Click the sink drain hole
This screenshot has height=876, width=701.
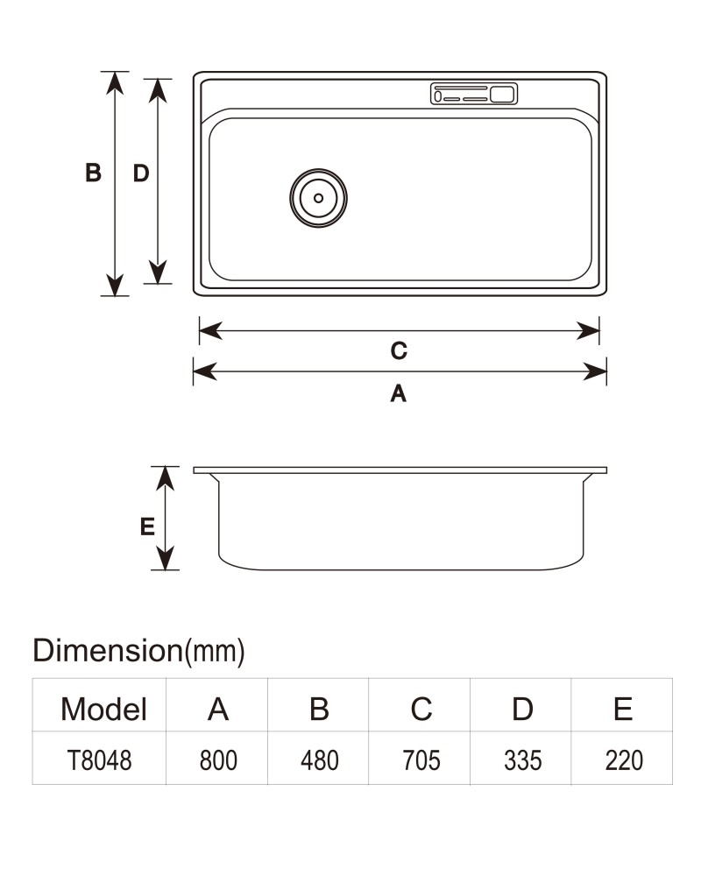pyautogui.click(x=318, y=198)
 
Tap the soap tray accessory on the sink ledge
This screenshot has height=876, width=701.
pyautogui.click(x=474, y=94)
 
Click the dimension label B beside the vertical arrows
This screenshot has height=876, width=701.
pyautogui.click(x=94, y=173)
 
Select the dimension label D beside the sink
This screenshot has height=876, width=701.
pyautogui.click(x=141, y=173)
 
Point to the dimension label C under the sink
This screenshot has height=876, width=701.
pyautogui.click(x=399, y=351)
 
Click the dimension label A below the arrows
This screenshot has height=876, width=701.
pyautogui.click(x=398, y=393)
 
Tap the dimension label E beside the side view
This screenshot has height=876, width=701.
pyautogui.click(x=147, y=526)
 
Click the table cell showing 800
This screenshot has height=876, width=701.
pyautogui.click(x=218, y=760)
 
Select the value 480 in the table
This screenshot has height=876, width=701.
pyautogui.click(x=319, y=760)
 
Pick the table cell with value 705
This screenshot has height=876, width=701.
pyautogui.click(x=421, y=760)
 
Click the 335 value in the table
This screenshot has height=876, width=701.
pyautogui.click(x=522, y=760)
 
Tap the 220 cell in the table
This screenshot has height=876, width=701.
pyautogui.click(x=624, y=760)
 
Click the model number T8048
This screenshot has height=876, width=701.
pyautogui.click(x=100, y=760)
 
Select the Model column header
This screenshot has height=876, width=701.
pyautogui.click(x=103, y=710)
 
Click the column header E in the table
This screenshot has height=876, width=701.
pyautogui.click(x=623, y=710)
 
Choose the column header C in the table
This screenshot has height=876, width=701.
pyautogui.click(x=421, y=710)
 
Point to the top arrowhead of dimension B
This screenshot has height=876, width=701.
pyautogui.click(x=115, y=82)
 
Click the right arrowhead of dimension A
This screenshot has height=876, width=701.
pyautogui.click(x=595, y=371)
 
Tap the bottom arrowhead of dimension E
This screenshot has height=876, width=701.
pyautogui.click(x=165, y=559)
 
